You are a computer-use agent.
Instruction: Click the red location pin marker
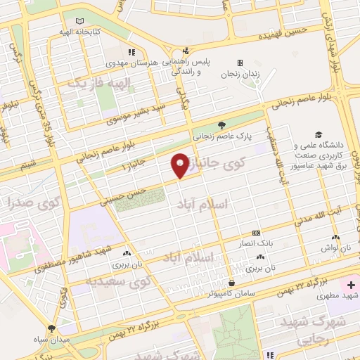point(180,166)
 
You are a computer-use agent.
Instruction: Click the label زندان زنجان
point(240,74)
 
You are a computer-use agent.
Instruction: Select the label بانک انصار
point(255,242)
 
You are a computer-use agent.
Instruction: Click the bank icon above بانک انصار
point(255,232)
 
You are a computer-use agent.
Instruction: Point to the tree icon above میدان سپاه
point(51,328)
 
